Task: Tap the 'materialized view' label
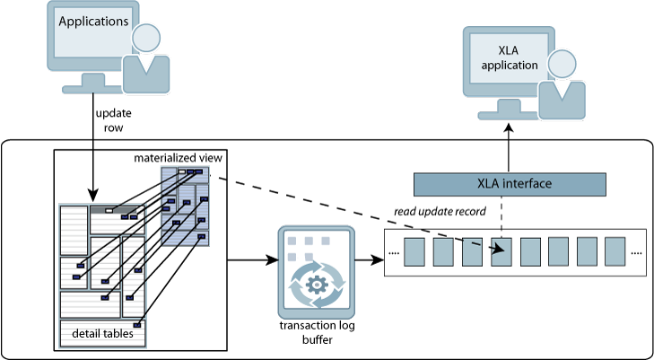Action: (x=178, y=158)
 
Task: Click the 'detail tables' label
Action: (x=98, y=334)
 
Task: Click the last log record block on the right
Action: (x=614, y=252)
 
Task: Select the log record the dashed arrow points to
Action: (x=502, y=252)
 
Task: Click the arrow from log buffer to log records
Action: (x=369, y=261)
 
